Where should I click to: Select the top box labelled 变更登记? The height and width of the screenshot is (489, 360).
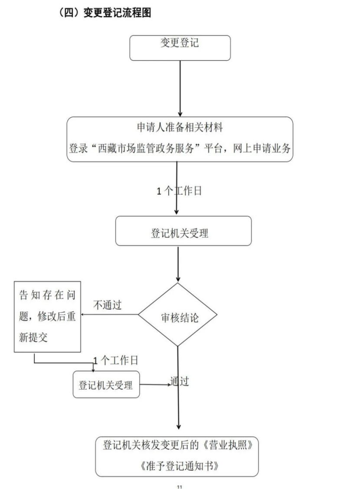click(x=180, y=47)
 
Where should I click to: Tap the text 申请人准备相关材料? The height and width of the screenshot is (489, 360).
click(x=180, y=127)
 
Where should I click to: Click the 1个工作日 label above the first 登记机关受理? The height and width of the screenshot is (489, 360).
click(x=180, y=191)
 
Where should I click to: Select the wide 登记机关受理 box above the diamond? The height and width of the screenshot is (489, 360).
click(x=183, y=233)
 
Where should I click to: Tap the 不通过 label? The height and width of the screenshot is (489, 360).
click(x=108, y=305)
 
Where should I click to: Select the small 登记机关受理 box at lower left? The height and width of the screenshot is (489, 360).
click(x=106, y=385)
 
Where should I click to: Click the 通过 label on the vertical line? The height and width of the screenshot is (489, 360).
click(x=180, y=382)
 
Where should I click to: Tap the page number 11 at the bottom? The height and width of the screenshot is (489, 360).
click(x=180, y=486)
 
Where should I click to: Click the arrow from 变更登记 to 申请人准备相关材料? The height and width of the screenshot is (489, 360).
click(x=180, y=89)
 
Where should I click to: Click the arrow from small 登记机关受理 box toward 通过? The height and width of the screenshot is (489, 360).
click(x=155, y=384)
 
